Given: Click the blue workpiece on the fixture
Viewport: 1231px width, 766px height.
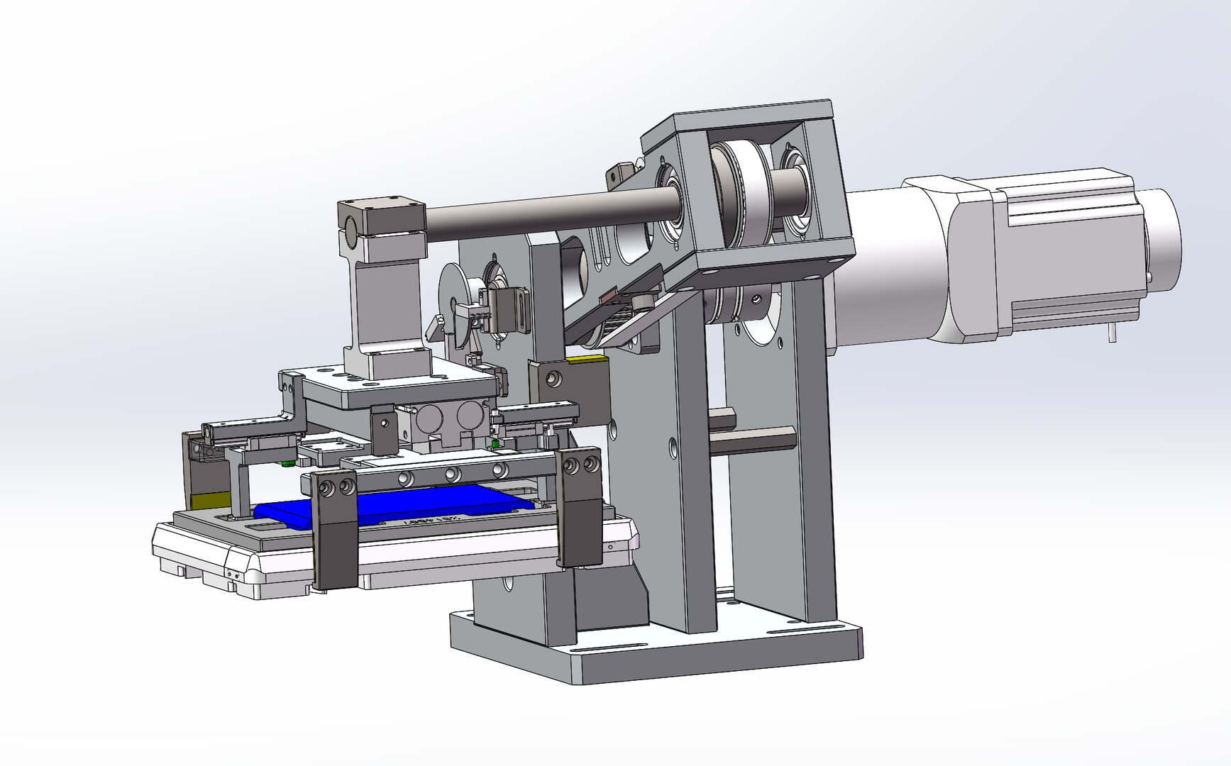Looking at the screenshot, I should pyautogui.click(x=397, y=505).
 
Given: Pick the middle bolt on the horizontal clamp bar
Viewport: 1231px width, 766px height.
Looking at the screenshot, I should pyautogui.click(x=451, y=473).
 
